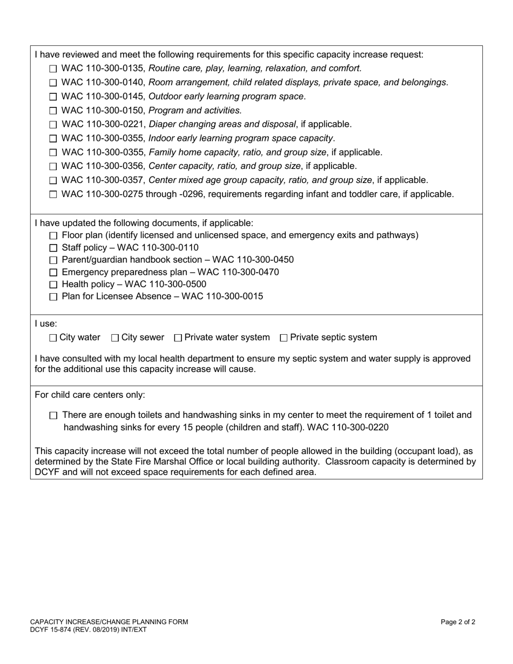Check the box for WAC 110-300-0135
pyautogui.click(x=53, y=69)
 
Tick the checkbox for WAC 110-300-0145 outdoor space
pyautogui.click(x=53, y=97)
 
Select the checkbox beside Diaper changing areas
pyautogui.click(x=53, y=125)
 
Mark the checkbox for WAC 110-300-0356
pyautogui.click(x=53, y=167)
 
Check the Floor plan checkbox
pyautogui.click(x=53, y=236)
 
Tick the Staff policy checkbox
pyautogui.click(x=53, y=248)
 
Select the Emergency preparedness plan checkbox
pyautogui.click(x=53, y=273)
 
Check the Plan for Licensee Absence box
pyautogui.click(x=53, y=297)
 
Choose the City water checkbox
pyautogui.click(x=52, y=338)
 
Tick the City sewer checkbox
pyautogui.click(x=115, y=338)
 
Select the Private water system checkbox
pyautogui.click(x=178, y=338)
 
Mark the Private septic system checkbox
pyautogui.click(x=283, y=338)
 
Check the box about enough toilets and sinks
pyautogui.click(x=53, y=416)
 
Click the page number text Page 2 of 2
pyautogui.click(x=458, y=622)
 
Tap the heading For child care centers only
pyautogui.click(x=90, y=395)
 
